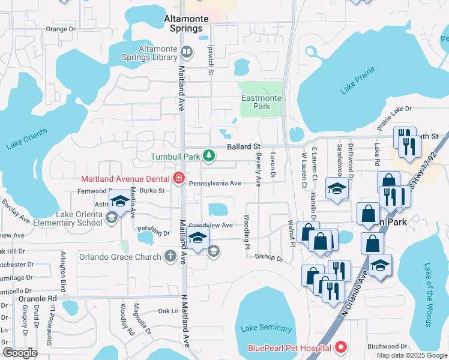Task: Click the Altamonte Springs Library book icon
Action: pyautogui.click(x=186, y=53)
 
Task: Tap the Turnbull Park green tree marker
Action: pyautogui.click(x=208, y=157)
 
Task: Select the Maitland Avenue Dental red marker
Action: pyautogui.click(x=178, y=178)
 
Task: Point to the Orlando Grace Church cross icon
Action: pyautogui.click(x=170, y=257)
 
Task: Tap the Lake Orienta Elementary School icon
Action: pyautogui.click(x=111, y=219)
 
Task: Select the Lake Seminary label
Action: pyautogui.click(x=266, y=328)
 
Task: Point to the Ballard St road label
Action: pyautogui.click(x=243, y=146)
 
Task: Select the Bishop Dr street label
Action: pyautogui.click(x=268, y=258)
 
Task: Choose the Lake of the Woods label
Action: pyautogui.click(x=428, y=295)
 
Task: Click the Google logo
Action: pyautogui.click(x=20, y=353)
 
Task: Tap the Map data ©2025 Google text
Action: pyautogui.click(x=411, y=355)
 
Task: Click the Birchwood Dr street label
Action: pyautogui.click(x=387, y=346)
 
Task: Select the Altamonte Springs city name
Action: pyautogui.click(x=186, y=23)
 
